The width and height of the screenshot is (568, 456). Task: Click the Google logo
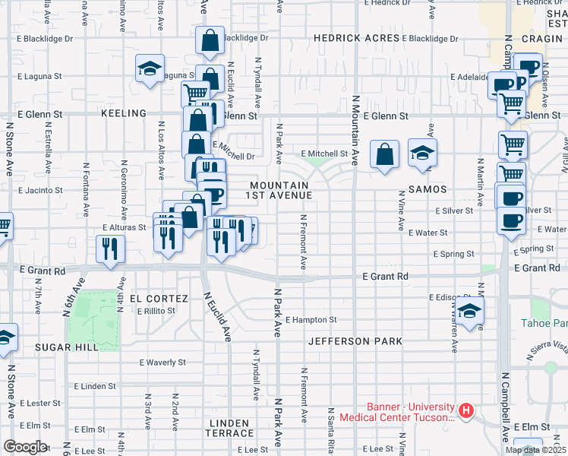coord(25,447)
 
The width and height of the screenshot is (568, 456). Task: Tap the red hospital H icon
coord(466,413)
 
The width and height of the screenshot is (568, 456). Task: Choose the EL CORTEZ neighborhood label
coord(157,299)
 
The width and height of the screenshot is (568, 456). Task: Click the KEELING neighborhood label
coord(123,113)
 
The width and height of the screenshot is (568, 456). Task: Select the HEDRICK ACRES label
coord(356,38)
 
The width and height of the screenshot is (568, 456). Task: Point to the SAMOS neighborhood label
coord(427,188)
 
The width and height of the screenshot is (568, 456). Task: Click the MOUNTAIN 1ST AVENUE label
coord(279,190)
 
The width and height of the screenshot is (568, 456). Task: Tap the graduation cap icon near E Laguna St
coord(150,68)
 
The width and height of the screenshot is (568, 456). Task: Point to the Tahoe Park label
coord(544,324)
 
